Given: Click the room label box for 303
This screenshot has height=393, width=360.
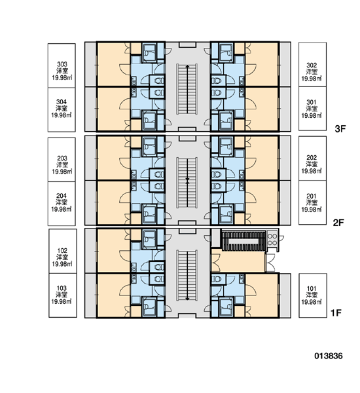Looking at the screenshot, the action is (62, 65).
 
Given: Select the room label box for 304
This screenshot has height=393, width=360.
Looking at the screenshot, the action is (62, 109).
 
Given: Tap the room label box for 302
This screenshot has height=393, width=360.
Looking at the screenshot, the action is (312, 64).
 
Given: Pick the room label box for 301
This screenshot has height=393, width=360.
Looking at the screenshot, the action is (312, 109).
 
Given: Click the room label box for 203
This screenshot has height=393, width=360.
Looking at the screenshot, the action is (62, 160).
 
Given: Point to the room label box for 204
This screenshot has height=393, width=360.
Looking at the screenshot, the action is (62, 204).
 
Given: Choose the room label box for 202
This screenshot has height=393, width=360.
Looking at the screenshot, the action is (312, 159).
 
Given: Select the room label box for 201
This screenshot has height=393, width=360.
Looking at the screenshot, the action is (312, 202).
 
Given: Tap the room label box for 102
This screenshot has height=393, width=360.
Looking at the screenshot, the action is (63, 251).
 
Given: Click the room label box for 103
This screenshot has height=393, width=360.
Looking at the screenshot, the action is (63, 295).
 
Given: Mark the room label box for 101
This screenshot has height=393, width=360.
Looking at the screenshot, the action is (313, 295).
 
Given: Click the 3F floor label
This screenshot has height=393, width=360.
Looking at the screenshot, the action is (340, 129).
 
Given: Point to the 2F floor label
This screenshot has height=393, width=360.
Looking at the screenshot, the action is (338, 222).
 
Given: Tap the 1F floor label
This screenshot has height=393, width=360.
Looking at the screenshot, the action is (336, 313).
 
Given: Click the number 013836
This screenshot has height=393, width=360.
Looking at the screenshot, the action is (329, 356).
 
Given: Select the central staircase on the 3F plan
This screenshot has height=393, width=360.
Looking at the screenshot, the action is (187, 89).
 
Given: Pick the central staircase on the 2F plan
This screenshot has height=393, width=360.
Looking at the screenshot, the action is (187, 183).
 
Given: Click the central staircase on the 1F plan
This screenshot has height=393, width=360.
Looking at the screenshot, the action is (187, 275).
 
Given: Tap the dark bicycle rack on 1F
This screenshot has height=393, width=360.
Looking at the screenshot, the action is (243, 241).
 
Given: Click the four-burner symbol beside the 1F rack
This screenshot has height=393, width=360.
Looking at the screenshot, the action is (272, 239).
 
